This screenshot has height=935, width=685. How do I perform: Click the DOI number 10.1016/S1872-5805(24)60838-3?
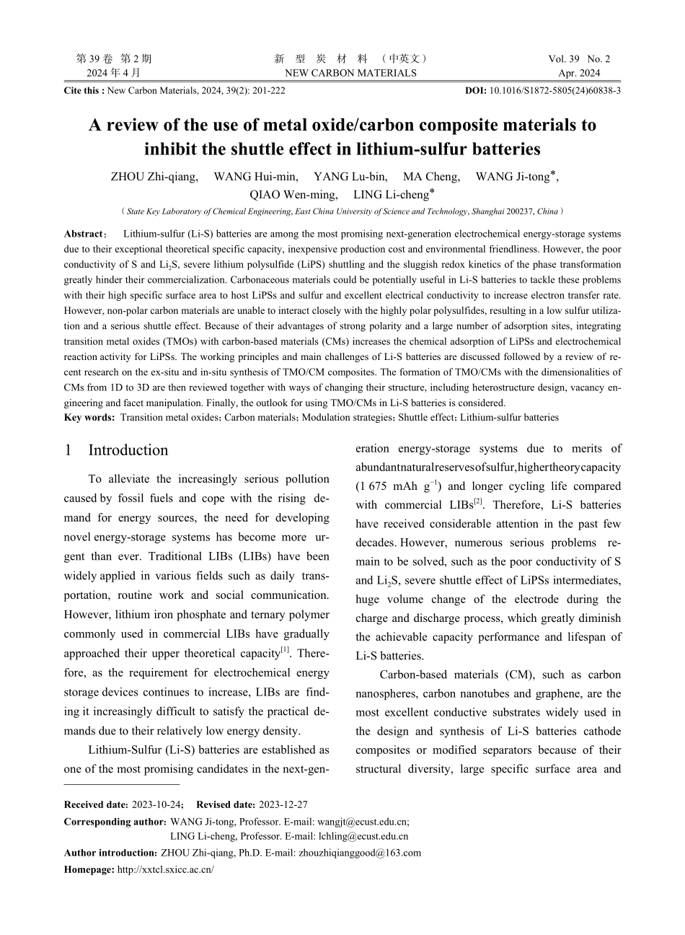click(x=554, y=91)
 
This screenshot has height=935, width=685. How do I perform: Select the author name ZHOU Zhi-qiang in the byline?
click(x=154, y=177)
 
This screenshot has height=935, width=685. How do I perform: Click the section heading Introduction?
click(x=128, y=450)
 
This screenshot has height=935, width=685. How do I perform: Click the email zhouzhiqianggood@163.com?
click(x=361, y=853)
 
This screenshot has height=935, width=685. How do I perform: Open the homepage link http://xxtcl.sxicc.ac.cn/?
click(x=165, y=869)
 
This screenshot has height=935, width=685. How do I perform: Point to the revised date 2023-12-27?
click(x=283, y=804)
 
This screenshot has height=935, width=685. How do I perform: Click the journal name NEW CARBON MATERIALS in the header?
click(x=350, y=73)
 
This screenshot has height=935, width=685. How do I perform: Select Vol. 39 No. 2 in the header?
click(x=579, y=59)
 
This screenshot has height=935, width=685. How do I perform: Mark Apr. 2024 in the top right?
click(x=579, y=73)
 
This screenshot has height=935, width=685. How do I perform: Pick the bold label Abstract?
click(x=84, y=234)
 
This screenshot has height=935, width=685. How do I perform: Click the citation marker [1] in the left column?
click(x=285, y=650)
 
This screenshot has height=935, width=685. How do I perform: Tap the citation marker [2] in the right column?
click(x=477, y=501)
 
